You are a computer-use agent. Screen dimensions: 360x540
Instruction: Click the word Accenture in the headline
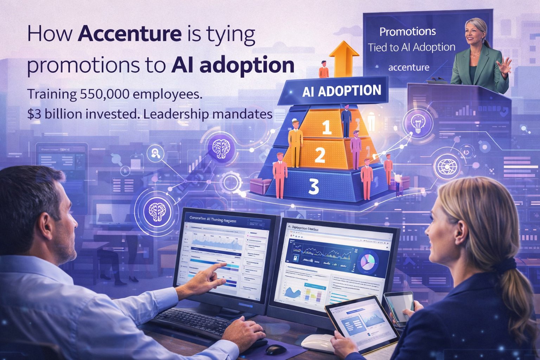tap(130, 34)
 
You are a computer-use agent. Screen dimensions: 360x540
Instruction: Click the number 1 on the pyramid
tap(327, 128)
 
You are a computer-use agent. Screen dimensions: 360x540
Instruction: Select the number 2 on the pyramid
tap(320, 155)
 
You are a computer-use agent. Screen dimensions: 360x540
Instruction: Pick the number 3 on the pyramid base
tap(313, 187)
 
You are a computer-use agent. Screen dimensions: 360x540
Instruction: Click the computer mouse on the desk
tap(276, 349)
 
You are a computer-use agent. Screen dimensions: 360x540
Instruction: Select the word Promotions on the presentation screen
tap(407, 32)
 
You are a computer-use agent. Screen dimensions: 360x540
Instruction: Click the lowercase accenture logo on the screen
tap(409, 67)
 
